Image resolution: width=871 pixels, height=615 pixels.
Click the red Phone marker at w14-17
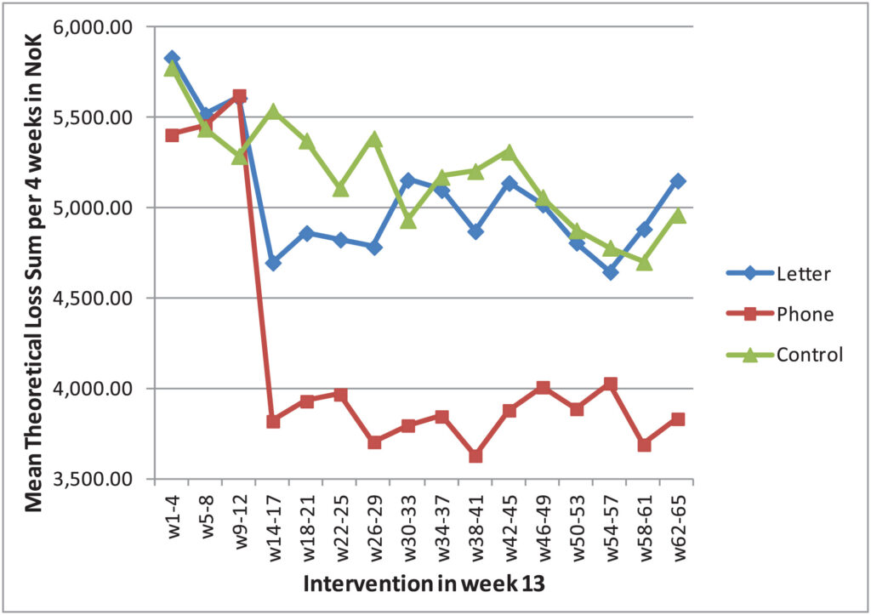pyautogui.click(x=274, y=421)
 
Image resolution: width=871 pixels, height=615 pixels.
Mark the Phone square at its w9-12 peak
pyautogui.click(x=240, y=96)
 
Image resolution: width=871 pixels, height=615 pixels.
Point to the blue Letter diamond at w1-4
pyautogui.click(x=173, y=58)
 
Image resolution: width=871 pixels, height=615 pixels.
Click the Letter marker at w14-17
pyautogui.click(x=274, y=264)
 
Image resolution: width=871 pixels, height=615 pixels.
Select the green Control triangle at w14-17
pyautogui.click(x=274, y=111)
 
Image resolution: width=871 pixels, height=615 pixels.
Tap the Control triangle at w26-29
pyautogui.click(x=375, y=139)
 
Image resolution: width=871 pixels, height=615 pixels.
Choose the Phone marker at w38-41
pyautogui.click(x=475, y=456)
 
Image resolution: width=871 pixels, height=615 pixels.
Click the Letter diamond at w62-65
pyautogui.click(x=678, y=181)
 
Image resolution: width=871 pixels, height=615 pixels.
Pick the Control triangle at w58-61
pyautogui.click(x=644, y=262)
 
